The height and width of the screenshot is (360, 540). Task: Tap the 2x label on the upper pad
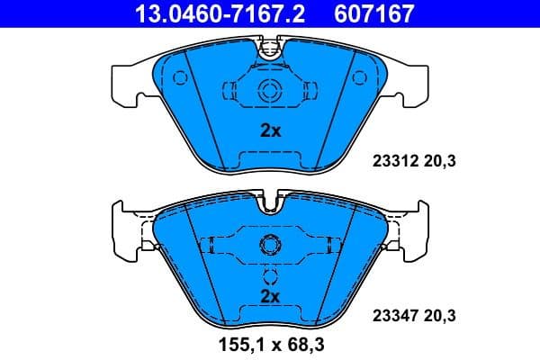coord(270,130)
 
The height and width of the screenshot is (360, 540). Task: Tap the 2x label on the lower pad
coord(270,295)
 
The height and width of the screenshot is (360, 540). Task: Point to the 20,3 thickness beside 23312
coord(440,162)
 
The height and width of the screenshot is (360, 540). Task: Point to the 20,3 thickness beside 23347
coord(440,315)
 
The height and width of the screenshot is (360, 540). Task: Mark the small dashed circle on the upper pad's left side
coord(180,78)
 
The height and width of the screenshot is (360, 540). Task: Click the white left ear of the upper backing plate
coord(126,83)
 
